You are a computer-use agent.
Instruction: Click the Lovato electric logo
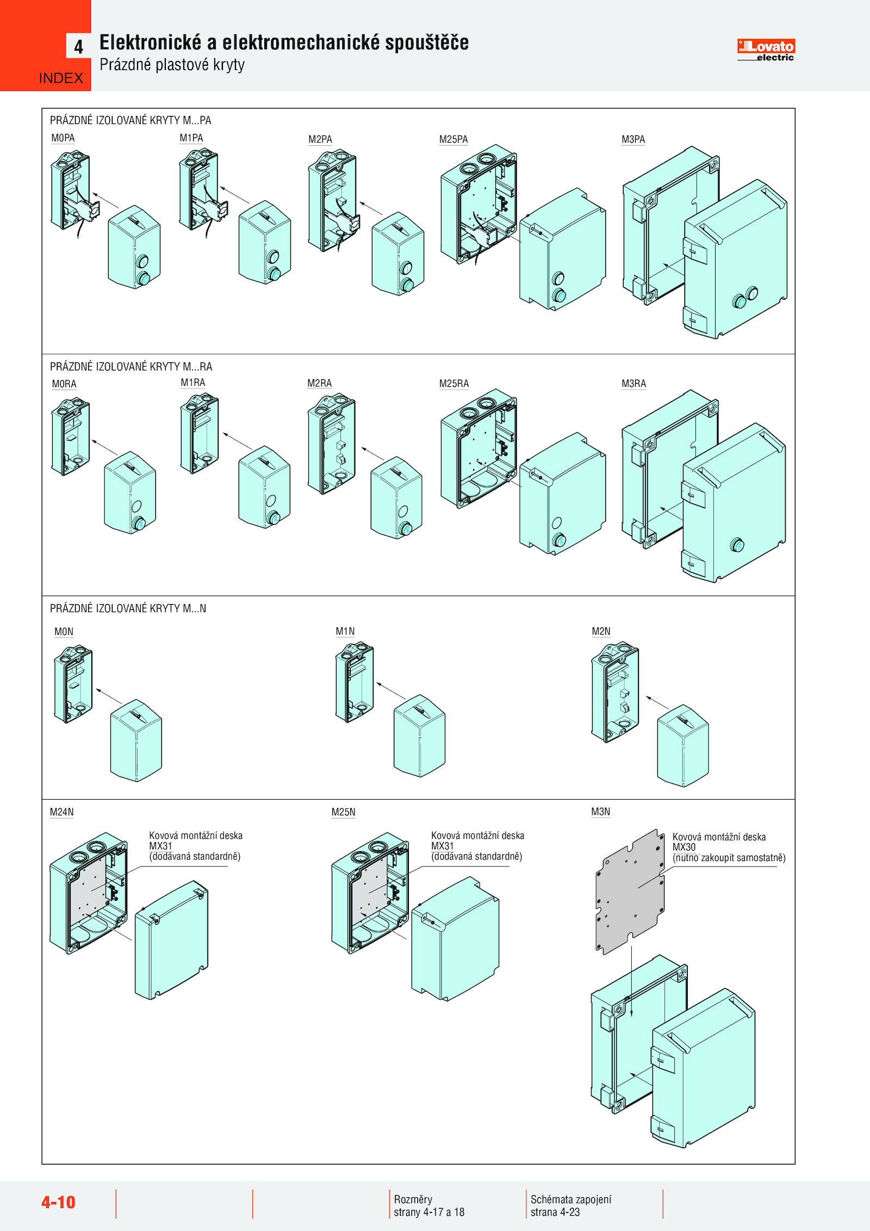[x=766, y=50]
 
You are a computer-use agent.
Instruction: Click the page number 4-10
[x=58, y=1202]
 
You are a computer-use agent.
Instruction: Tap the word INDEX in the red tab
[x=61, y=78]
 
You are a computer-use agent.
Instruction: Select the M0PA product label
[x=63, y=138]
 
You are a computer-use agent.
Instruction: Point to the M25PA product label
[x=453, y=139]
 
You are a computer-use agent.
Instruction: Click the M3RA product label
[x=633, y=383]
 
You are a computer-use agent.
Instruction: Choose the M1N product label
[x=345, y=631]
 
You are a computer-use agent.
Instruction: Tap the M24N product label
[x=62, y=812]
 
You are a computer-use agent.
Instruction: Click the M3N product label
[x=601, y=812]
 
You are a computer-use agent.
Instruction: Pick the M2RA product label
[x=320, y=383]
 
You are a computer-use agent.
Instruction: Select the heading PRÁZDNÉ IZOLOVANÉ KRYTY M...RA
[x=131, y=367]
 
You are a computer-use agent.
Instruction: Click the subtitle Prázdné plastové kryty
[x=172, y=65]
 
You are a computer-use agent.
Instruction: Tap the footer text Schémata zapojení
[x=571, y=1199]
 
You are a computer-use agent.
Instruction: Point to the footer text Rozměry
[x=413, y=1199]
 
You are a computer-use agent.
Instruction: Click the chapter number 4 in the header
[x=79, y=46]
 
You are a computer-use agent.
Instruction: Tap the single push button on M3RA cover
[x=737, y=545]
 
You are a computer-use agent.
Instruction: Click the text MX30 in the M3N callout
[x=684, y=847]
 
